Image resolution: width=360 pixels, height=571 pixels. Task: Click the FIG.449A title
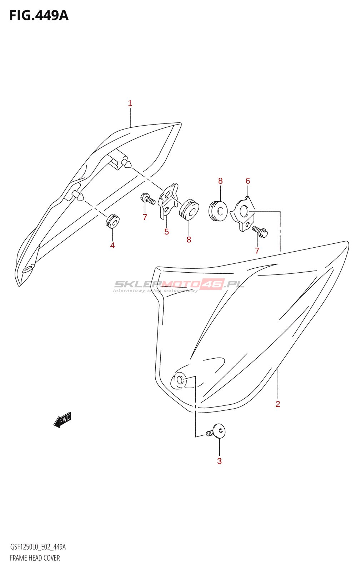coord(39,15)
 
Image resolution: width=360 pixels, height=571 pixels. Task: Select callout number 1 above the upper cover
coord(130,103)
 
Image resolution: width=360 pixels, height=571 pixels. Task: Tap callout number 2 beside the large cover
coord(278,404)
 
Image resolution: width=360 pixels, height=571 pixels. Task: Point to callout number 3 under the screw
coord(219,461)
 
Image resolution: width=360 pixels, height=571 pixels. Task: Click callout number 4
coord(112,245)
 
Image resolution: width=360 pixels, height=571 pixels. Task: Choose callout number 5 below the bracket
coord(166,232)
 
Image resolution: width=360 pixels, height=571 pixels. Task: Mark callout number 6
coord(248,181)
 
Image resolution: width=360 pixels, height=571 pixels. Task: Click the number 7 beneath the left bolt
coord(145,217)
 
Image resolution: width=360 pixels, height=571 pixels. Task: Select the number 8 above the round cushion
coord(220,181)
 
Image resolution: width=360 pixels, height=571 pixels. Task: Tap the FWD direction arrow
coord(63,420)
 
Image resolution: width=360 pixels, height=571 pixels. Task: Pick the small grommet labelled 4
coord(112,221)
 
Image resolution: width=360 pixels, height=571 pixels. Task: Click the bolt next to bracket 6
coord(260,231)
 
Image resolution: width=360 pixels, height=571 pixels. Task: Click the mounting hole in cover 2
coord(180,380)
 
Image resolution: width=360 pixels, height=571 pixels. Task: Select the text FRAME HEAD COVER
coord(35,558)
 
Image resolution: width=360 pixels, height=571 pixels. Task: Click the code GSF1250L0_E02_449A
coord(38,547)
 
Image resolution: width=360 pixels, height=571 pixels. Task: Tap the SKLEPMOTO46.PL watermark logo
coord(179,285)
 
